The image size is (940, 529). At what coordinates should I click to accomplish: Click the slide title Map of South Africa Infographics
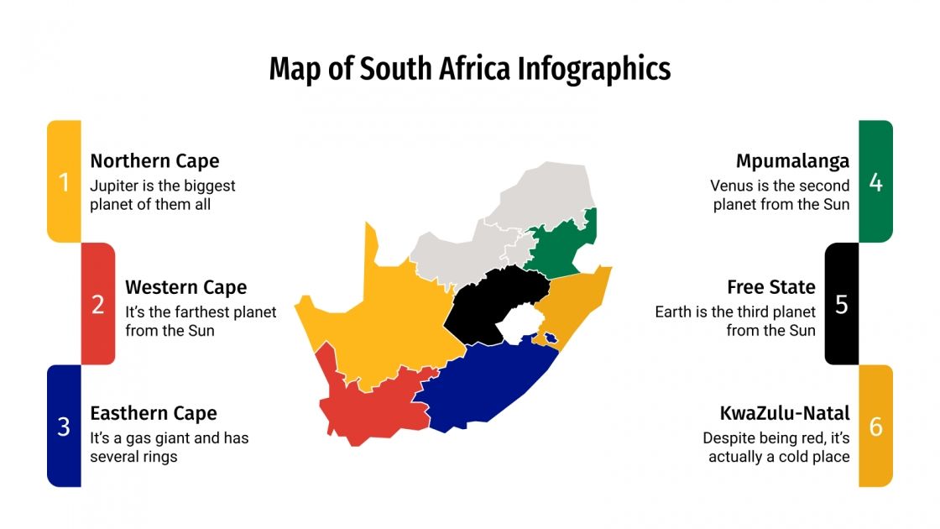pos(469,69)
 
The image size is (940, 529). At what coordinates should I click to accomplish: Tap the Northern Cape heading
pos(154,161)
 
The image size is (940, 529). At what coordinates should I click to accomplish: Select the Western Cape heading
pos(185,287)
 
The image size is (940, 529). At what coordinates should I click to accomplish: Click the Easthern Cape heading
pos(154,413)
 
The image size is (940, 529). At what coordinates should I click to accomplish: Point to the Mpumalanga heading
pos(792,161)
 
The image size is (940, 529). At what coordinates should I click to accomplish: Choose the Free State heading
pos(770,287)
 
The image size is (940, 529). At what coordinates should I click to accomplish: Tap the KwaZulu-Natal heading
pos(784,413)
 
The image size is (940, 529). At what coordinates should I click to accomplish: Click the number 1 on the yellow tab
pos(64,182)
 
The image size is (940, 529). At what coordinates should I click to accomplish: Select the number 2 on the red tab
pos(98,305)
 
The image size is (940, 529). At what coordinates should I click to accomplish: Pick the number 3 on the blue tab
pos(64,427)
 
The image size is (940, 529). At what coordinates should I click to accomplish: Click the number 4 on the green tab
pos(875,182)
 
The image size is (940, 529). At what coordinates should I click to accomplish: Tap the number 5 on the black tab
pos(841,305)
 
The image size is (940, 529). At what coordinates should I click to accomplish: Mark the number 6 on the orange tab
pos(875,427)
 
